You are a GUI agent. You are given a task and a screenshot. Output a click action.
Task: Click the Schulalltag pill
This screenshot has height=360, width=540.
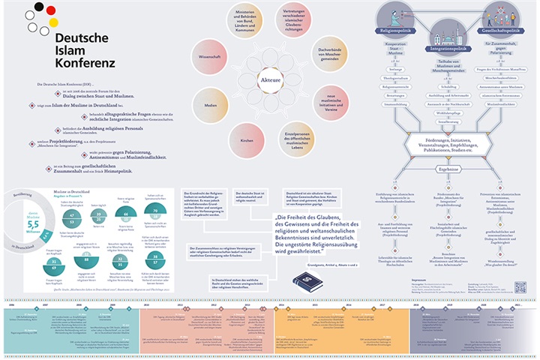[448, 85]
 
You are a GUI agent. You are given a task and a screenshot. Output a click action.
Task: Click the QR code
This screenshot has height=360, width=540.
[520, 287]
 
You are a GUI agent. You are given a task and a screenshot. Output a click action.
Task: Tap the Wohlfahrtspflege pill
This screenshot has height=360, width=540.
[448, 112]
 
